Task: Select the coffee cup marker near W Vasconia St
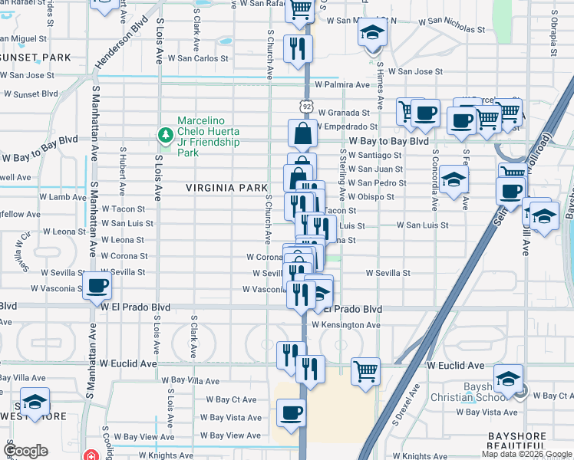97,286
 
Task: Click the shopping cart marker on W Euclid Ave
366,372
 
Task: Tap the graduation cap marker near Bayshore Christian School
507,379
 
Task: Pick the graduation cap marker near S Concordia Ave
454,179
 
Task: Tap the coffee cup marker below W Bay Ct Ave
291,413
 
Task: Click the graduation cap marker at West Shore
35,402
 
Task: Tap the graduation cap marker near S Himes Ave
373,32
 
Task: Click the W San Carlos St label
197,58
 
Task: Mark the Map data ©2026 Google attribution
526,454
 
